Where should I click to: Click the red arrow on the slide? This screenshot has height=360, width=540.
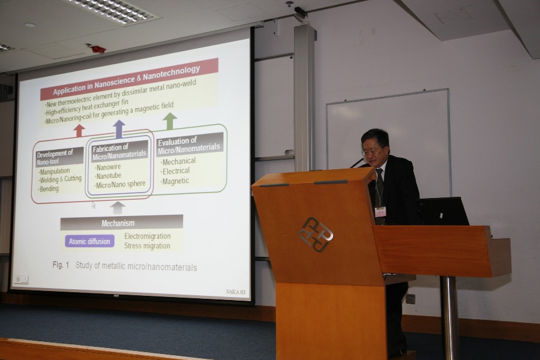coord(79,131)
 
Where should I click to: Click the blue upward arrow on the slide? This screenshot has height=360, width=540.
coord(119,129)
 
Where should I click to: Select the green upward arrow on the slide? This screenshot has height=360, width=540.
coord(169,121)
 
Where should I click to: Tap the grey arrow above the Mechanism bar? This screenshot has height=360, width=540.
coord(118,208)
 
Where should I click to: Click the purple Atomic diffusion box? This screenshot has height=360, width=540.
coord(89,241)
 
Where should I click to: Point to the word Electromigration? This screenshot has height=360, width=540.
coord(148,236)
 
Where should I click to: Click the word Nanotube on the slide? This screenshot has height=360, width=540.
coord(109,176)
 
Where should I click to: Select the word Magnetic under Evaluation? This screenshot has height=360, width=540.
coord(175,181)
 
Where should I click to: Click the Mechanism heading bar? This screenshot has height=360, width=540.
coord(122,223)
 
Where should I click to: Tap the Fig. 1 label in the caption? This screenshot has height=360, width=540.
coord(61,265)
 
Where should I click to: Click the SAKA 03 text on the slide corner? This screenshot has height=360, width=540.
coord(236,292)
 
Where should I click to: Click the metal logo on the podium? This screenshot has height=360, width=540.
coord(316,234)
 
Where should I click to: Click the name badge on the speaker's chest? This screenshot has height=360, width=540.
coord(380,212)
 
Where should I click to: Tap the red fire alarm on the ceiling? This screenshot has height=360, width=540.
coord(98,49)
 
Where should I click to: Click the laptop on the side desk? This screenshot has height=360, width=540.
coord(443,211)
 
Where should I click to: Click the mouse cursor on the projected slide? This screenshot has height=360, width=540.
coord(93,205)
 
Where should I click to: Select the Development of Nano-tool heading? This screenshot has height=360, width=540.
coord(59,157)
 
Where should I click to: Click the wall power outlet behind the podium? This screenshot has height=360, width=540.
coord(410,299)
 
